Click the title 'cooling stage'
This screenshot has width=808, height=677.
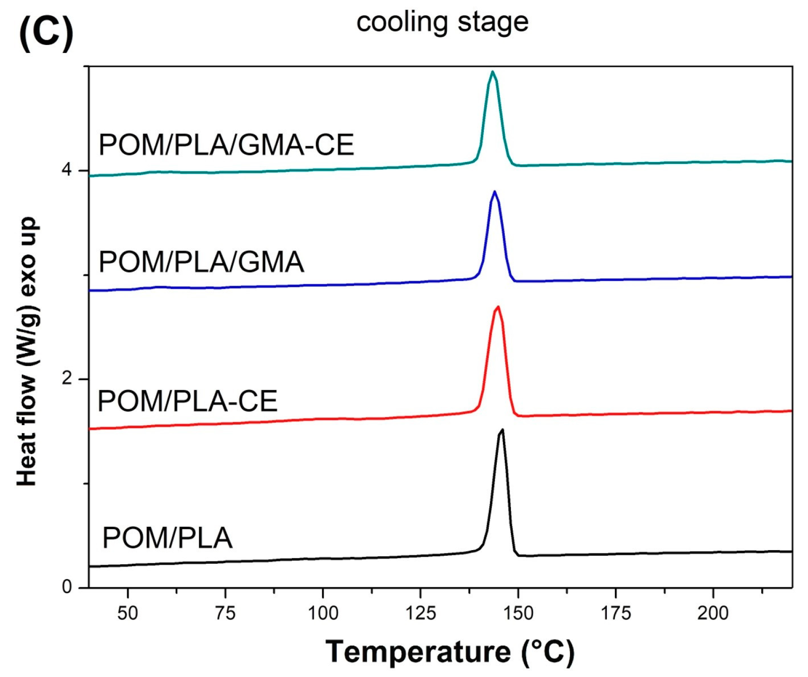tap(442, 22)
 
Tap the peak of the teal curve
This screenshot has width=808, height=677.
tap(492, 72)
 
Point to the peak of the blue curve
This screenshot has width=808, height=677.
tap(495, 191)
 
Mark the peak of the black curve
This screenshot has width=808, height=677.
tap(502, 429)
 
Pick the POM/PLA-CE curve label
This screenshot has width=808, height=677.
tap(187, 401)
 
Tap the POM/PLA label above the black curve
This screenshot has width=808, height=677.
tap(167, 537)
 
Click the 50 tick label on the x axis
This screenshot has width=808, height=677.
tap(128, 613)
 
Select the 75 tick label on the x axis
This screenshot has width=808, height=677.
tap(226, 613)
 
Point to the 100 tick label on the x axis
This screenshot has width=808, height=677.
tap(323, 613)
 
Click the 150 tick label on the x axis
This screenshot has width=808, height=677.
tap(518, 613)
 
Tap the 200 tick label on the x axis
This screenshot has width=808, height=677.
tap(713, 613)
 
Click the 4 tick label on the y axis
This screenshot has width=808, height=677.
tap(67, 170)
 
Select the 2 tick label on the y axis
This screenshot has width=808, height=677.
tap(67, 378)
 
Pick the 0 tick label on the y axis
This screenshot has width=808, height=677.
tap(67, 586)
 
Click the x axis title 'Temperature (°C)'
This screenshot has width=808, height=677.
tap(450, 652)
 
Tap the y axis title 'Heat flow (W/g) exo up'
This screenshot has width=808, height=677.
tap(27, 351)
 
